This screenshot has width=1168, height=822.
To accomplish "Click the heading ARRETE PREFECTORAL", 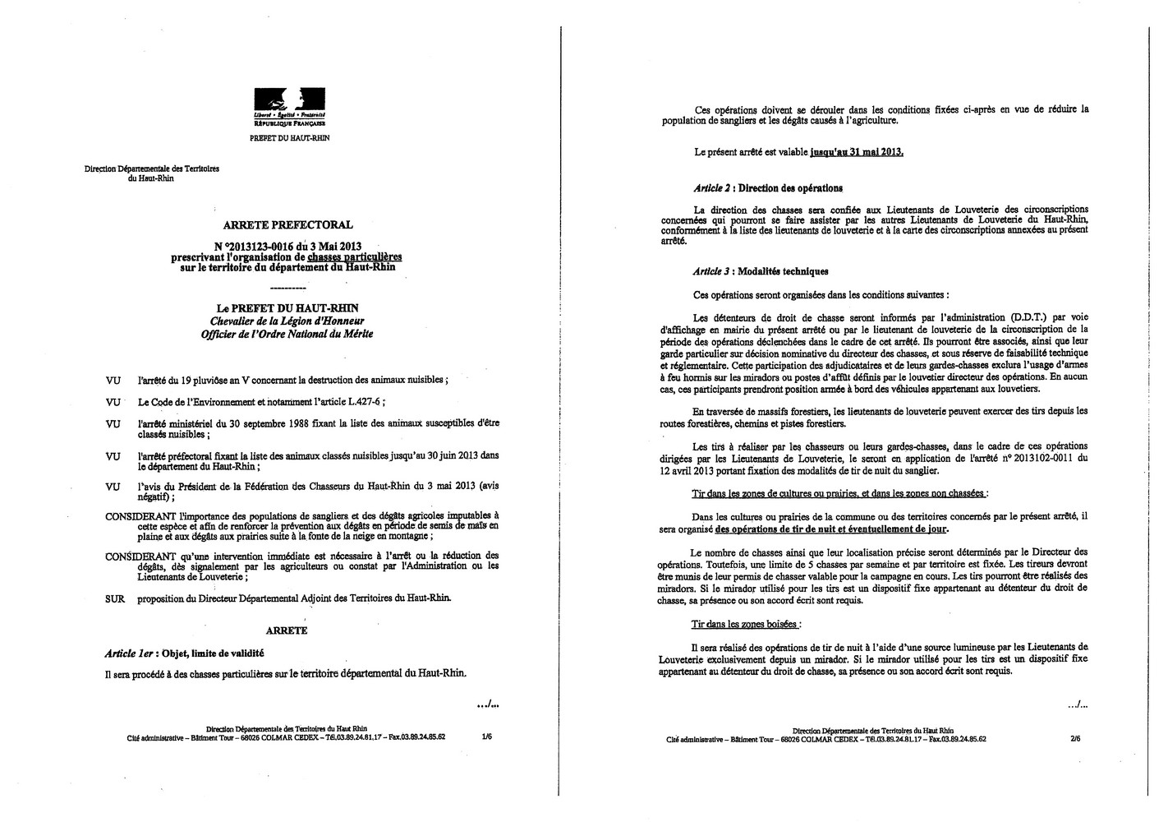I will pyautogui.click(x=288, y=224).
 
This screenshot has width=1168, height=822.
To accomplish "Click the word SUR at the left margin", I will pyautogui.click(x=115, y=599).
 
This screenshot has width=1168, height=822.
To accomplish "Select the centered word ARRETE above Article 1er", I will pyautogui.click(x=287, y=630).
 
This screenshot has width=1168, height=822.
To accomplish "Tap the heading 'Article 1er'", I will pyautogui.click(x=131, y=653).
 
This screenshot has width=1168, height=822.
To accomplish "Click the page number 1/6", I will pyautogui.click(x=486, y=737).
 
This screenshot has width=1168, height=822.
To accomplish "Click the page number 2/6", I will pyautogui.click(x=1075, y=738).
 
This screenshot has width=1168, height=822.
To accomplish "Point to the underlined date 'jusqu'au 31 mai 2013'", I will pyautogui.click(x=856, y=152).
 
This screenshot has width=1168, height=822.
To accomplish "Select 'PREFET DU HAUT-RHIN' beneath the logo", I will pyautogui.click(x=289, y=138).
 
